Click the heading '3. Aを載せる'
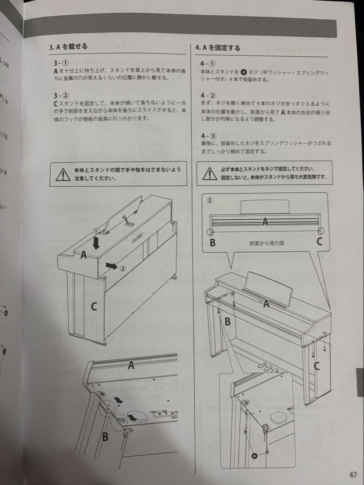click(68, 46)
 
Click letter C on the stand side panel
click(93, 307)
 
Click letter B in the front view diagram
click(212, 243)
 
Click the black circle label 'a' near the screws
click(255, 455)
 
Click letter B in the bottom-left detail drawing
click(105, 436)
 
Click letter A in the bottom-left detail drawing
click(131, 366)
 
